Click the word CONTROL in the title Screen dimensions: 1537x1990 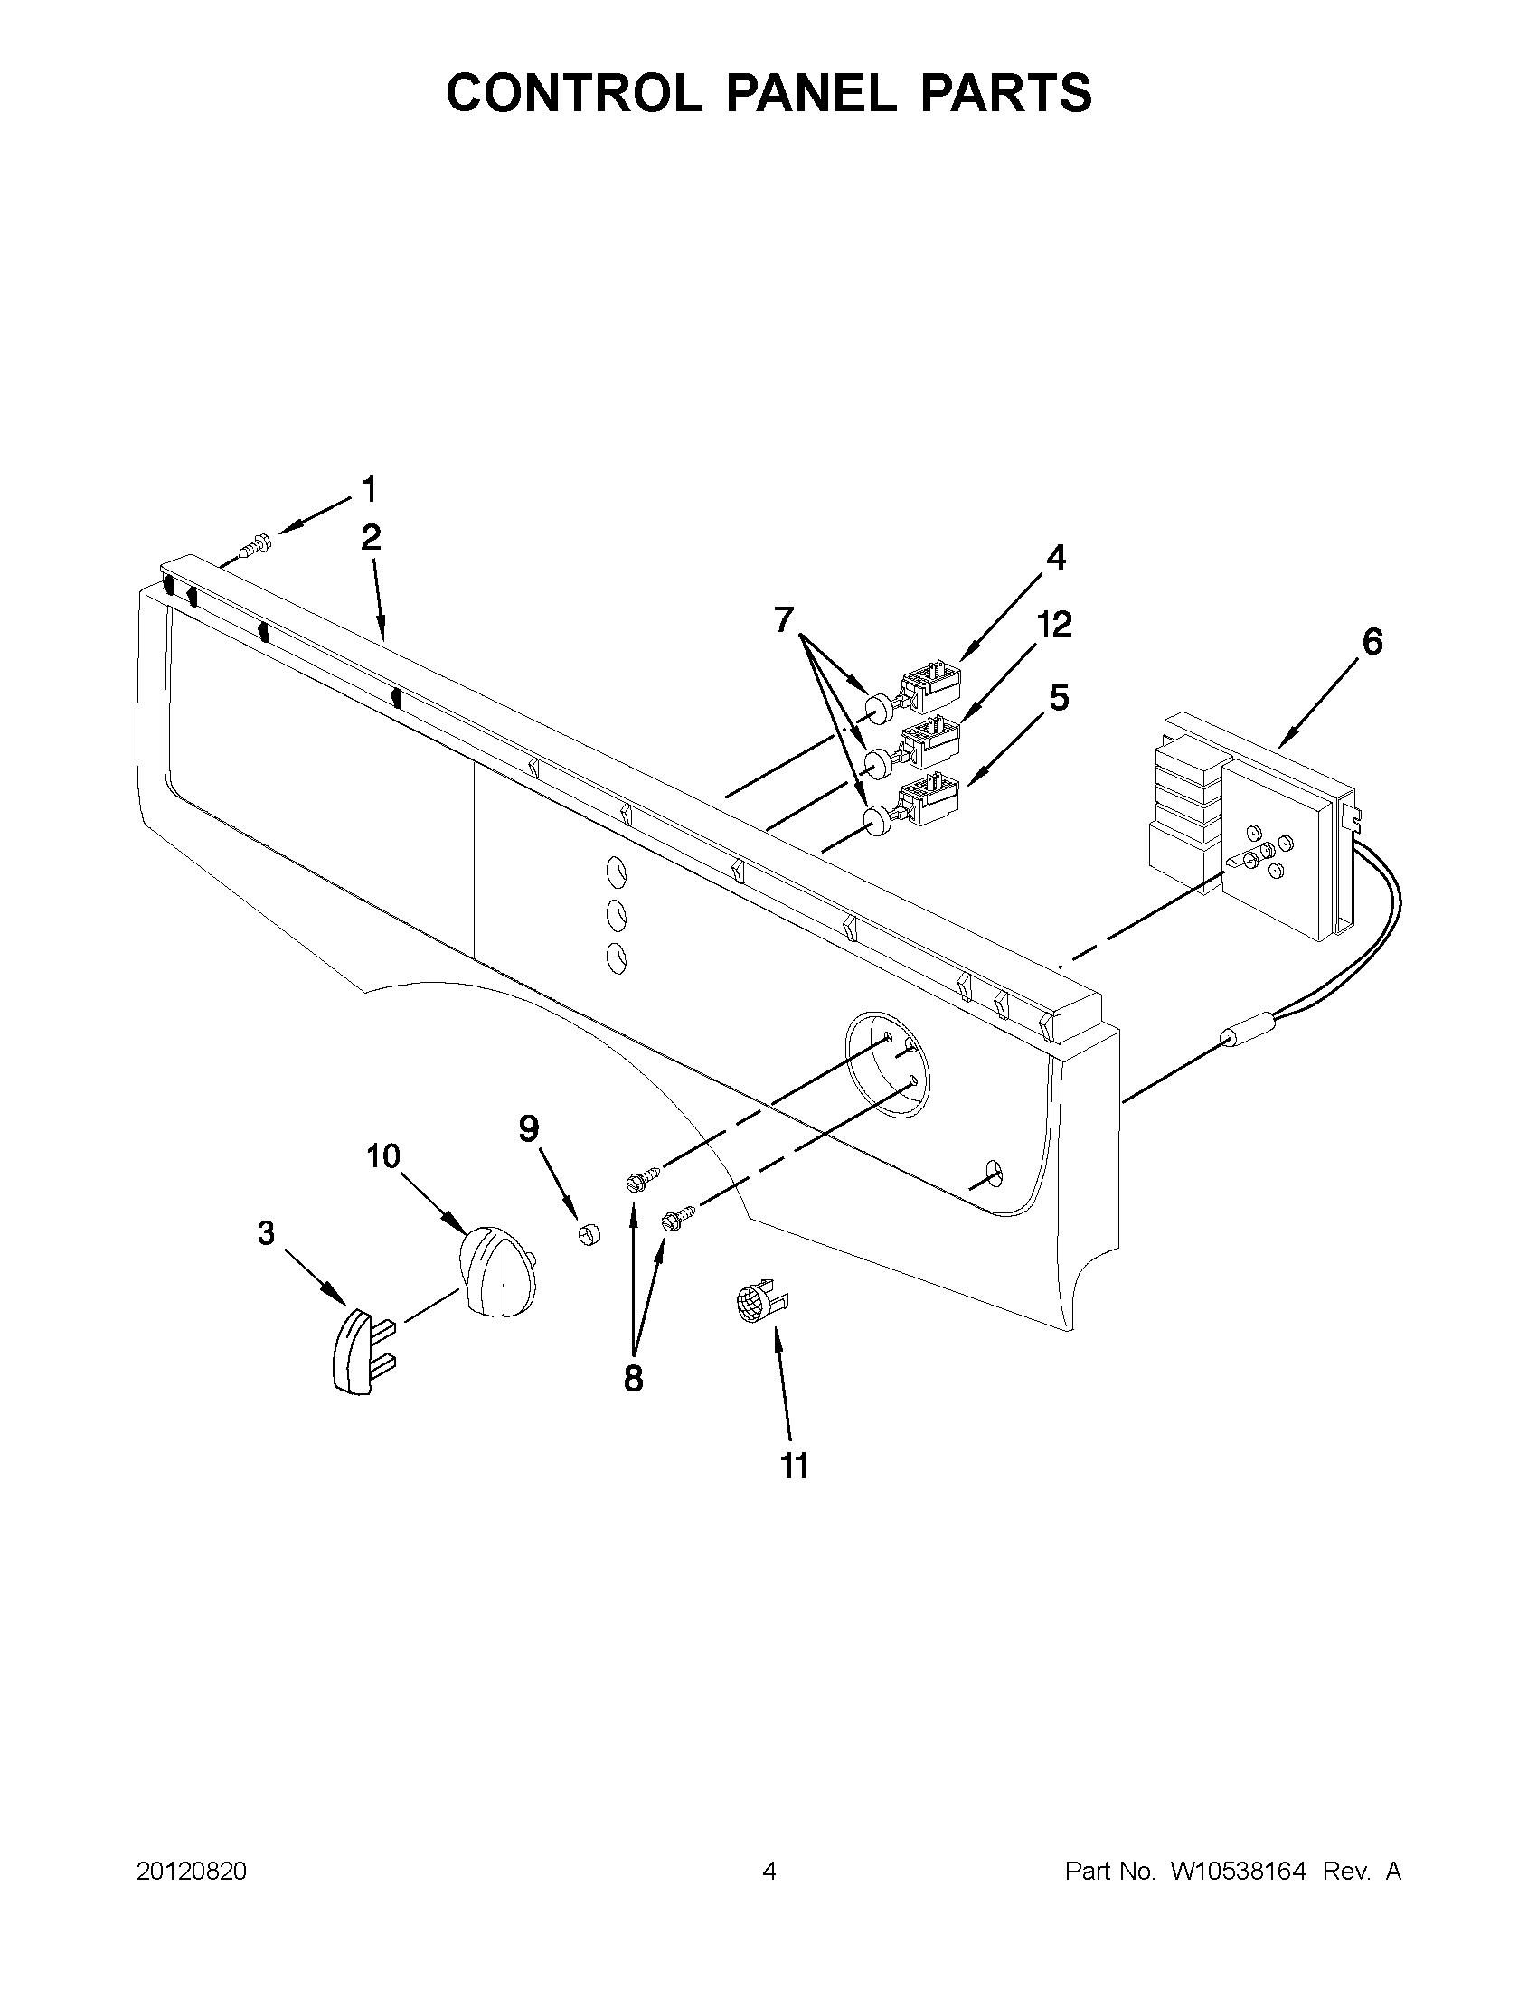tap(574, 93)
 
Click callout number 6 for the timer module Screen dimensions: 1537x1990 tap(1372, 642)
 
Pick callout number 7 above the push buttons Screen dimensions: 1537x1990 tap(784, 619)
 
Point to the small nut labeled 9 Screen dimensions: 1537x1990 tap(590, 1236)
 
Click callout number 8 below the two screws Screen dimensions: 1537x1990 tap(633, 1378)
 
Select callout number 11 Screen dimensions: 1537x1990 tap(795, 1467)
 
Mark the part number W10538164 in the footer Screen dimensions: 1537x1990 tap(1238, 1872)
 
